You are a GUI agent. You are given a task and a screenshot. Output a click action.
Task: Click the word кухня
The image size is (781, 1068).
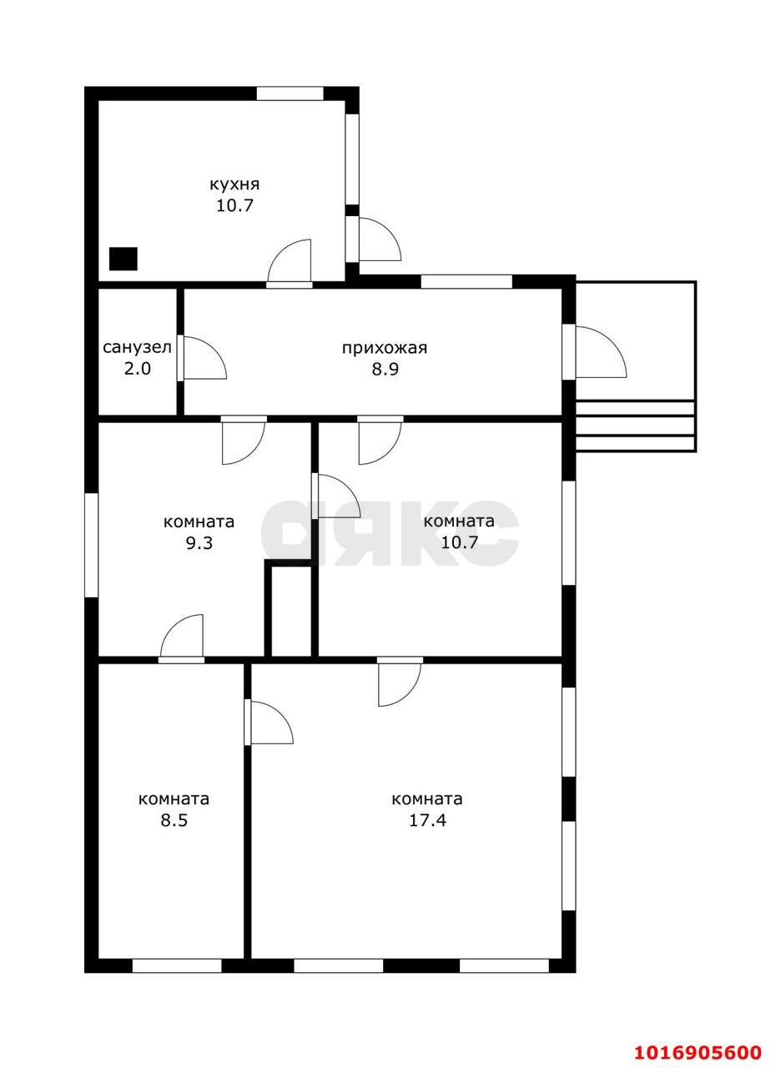coord(234,184)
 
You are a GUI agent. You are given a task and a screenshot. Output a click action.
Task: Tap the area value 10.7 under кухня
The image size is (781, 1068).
coord(234,206)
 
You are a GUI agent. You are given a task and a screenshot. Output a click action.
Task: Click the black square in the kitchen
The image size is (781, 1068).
coord(123,259)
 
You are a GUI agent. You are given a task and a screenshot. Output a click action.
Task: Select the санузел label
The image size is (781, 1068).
coord(137,348)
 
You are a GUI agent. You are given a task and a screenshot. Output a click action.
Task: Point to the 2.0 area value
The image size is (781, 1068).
coord(138,369)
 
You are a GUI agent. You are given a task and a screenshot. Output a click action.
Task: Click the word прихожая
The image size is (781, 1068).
coord(385,349)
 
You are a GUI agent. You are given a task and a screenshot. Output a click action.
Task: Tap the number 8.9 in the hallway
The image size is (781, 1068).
coord(385,369)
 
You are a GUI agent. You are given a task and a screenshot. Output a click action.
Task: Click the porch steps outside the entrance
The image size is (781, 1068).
coord(635,426)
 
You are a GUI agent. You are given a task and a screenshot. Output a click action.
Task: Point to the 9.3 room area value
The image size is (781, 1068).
coord(199,542)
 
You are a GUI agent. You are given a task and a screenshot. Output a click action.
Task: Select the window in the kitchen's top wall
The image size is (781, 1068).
coord(290,93)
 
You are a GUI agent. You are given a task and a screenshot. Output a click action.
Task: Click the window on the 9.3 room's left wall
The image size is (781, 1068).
coord(92,545)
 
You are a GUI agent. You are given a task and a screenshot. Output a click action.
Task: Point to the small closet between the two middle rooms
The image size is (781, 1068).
coord(291,611)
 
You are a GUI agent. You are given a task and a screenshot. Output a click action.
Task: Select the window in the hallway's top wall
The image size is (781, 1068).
coord(466,282)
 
